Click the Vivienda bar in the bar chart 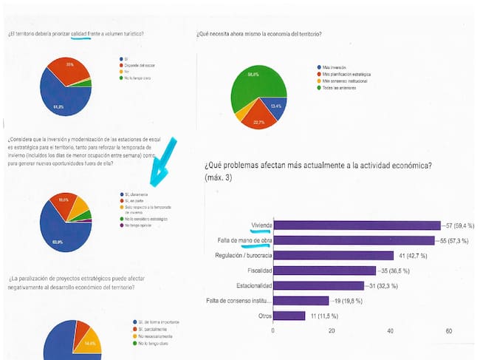coord(354,225)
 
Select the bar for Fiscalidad coord(324,271)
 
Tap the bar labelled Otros coord(289,316)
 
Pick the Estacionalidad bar coord(318,285)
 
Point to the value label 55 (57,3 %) coord(454,240)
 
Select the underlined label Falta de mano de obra coord(237,240)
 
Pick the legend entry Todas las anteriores coord(340,88)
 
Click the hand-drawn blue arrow coord(162,162)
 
